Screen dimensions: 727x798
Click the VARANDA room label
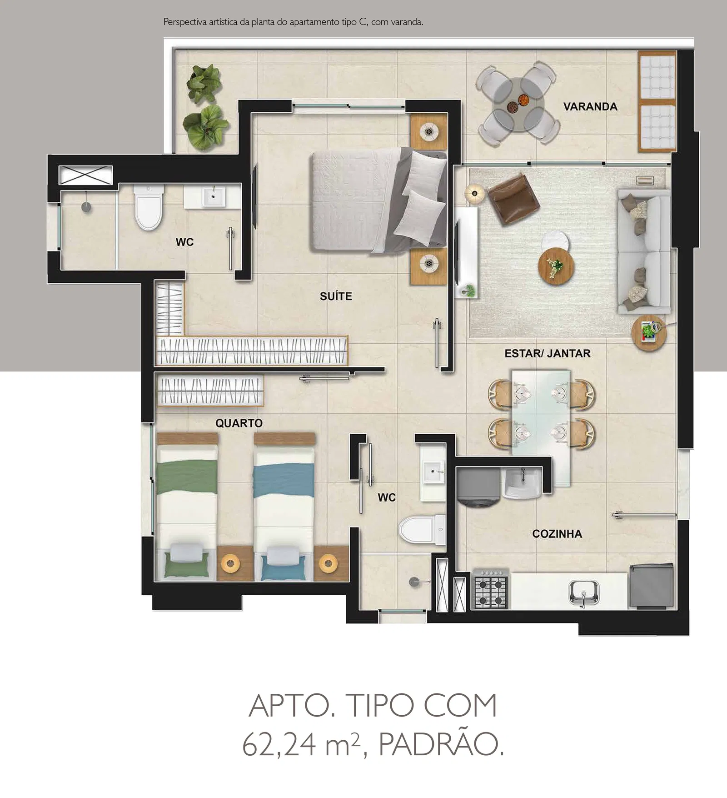pos(590,107)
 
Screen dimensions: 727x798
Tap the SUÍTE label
pos(336,296)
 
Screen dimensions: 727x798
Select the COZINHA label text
pos(557,534)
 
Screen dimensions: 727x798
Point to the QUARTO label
pos(239,423)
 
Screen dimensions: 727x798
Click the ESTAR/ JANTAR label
pos(547,353)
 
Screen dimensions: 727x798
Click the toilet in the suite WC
pos(148,207)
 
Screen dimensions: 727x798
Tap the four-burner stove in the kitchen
pos(490,589)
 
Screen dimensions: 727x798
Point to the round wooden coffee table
pos(556,266)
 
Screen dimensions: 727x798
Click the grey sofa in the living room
pos(643,251)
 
